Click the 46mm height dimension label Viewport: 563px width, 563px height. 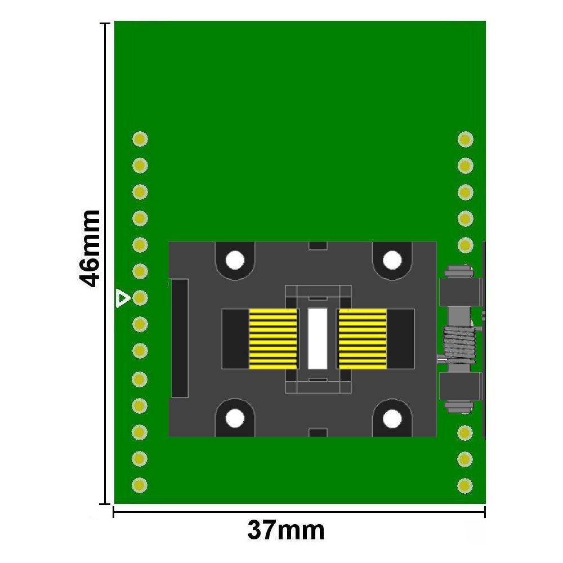point(90,249)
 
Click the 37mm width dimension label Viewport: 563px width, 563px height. point(286,530)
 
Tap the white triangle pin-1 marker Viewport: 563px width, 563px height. point(122,298)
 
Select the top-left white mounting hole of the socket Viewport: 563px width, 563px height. point(235,260)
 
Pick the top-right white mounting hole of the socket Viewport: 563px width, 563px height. point(392,260)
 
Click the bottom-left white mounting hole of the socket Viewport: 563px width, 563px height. point(235,418)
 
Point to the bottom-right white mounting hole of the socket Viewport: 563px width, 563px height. point(392,418)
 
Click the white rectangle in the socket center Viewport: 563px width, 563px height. point(318,338)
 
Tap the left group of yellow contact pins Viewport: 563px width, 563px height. point(273,339)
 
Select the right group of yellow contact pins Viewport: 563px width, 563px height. point(363,339)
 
